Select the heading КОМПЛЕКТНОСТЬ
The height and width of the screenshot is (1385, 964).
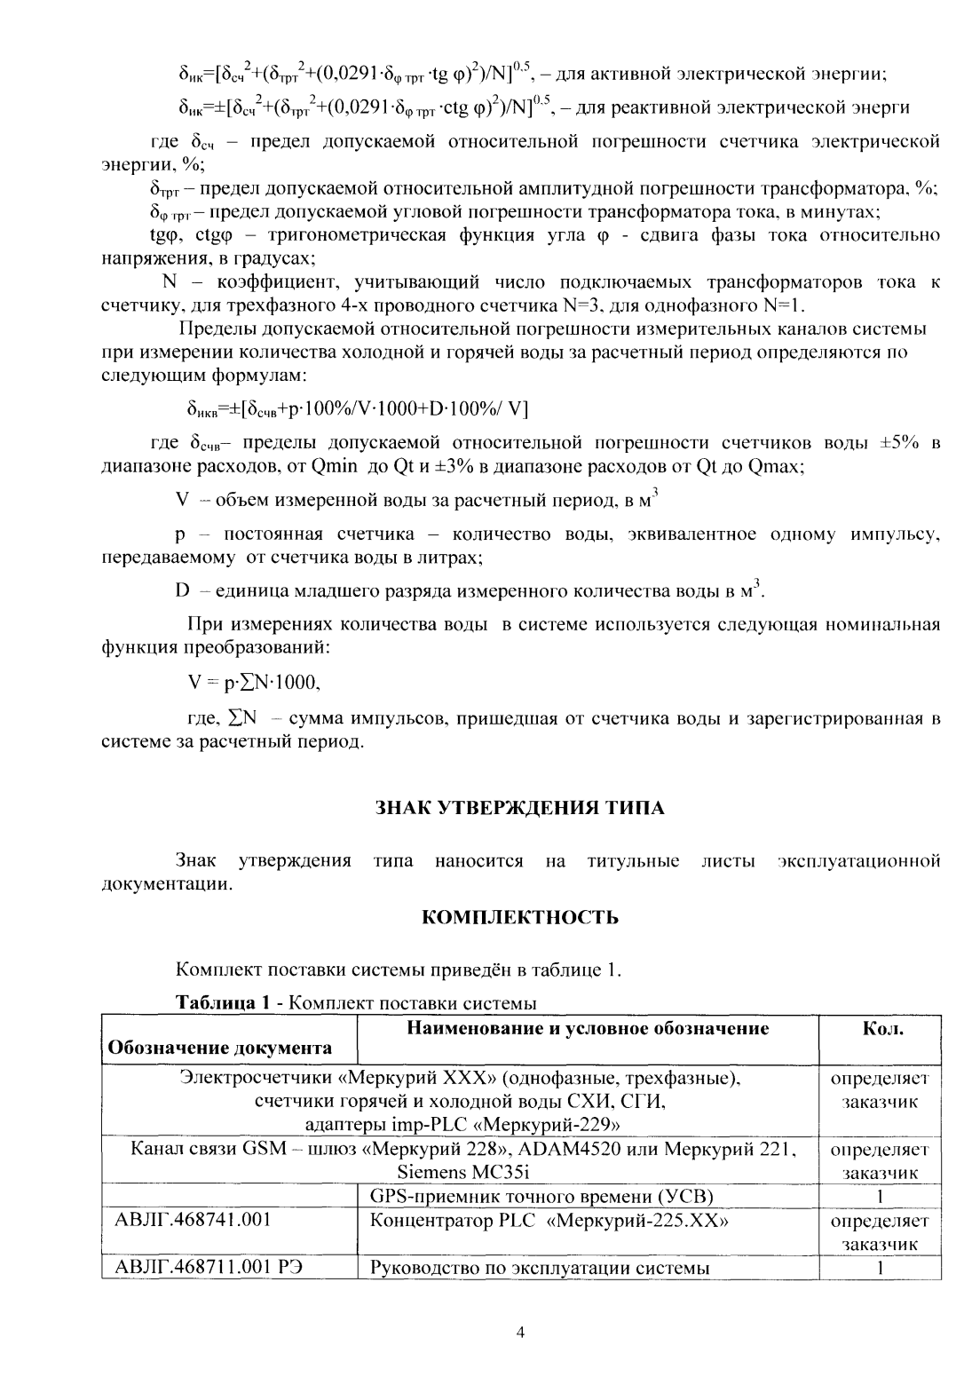pos(519,917)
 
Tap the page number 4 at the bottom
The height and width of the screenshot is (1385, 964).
pos(521,1333)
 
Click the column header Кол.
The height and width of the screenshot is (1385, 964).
pos(882,1030)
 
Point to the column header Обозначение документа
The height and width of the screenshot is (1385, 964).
pos(219,1048)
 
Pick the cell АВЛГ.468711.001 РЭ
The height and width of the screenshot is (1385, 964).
pos(210,1267)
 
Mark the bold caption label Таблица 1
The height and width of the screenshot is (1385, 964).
pos(222,1003)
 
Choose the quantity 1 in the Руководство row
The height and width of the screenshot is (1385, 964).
pos(878,1267)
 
